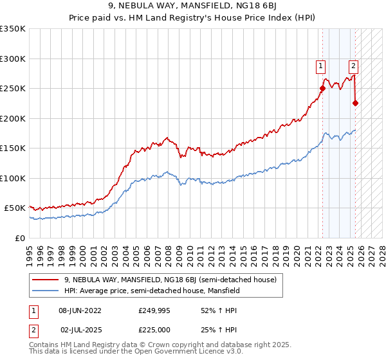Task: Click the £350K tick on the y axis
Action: [x=13, y=29]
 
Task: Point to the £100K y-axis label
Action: [x=13, y=178]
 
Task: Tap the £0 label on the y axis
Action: [x=20, y=238]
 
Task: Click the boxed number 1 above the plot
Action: [x=320, y=64]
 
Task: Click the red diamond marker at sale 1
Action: [x=322, y=89]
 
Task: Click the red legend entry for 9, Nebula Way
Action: [x=170, y=280]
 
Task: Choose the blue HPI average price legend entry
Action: [x=152, y=291]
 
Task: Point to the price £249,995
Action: [x=152, y=310]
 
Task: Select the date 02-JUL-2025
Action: [x=80, y=329]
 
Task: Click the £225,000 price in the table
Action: [x=152, y=329]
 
